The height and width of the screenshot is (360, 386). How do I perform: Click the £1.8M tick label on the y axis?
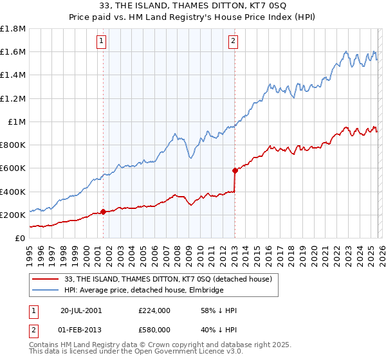click(13, 28)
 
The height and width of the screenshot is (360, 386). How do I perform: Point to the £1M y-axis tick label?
click(17, 122)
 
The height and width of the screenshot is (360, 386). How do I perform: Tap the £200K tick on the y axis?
click(13, 215)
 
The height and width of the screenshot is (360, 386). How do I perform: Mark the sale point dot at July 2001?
click(104, 212)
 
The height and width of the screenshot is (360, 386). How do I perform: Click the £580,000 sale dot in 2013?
click(235, 170)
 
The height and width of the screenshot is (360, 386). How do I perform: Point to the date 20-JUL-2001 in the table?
click(82, 310)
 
